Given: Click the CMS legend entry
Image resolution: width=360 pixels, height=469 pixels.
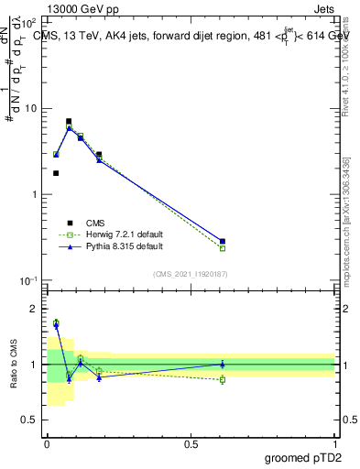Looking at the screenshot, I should click(95, 223).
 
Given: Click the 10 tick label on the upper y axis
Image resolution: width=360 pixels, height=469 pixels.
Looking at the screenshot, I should click(30, 108).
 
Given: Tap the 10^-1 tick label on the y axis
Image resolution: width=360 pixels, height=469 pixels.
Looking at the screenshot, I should click(27, 279).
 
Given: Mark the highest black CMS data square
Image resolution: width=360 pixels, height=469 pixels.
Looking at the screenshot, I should click(69, 121).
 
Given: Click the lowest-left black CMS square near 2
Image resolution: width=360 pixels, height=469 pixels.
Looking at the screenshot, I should click(56, 173).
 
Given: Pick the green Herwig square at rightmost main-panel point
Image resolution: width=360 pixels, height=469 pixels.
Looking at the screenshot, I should click(223, 248).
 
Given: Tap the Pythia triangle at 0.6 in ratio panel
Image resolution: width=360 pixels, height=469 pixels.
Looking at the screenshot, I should click(223, 364).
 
